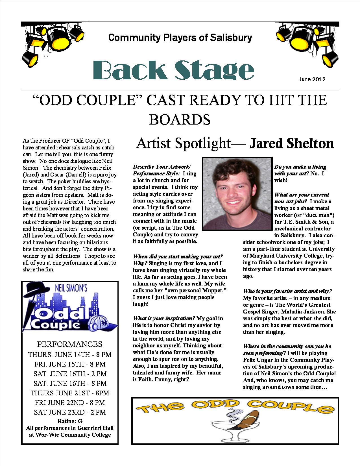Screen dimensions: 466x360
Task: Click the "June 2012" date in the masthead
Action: (312, 79)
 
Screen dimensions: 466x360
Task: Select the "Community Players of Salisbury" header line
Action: (180, 37)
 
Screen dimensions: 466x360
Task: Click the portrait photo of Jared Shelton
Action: (237, 194)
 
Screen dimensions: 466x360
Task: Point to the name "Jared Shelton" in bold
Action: (292, 143)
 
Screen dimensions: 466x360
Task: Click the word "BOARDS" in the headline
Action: (180, 119)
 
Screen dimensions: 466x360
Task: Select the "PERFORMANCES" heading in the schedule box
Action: (70, 344)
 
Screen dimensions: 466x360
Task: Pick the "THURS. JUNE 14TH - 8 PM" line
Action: (70, 354)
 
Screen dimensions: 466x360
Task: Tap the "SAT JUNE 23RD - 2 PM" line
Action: (70, 412)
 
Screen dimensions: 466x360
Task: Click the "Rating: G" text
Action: (70, 421)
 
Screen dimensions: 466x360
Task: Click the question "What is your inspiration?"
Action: (164, 318)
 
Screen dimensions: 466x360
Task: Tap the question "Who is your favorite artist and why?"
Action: (287, 291)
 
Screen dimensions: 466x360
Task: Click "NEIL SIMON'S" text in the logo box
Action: (72, 289)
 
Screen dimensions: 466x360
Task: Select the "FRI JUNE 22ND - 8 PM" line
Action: (70, 402)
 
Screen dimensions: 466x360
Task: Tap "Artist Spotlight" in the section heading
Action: (184, 143)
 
